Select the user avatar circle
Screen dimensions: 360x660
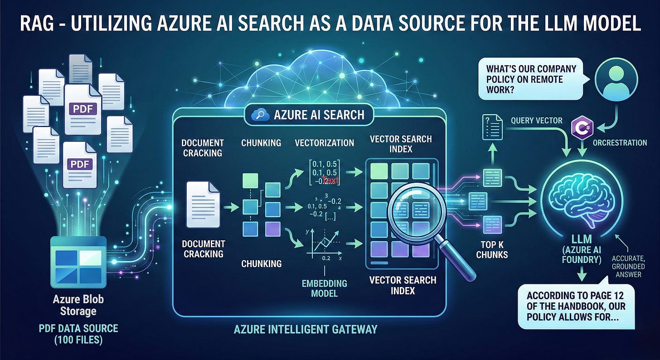pos(616,79)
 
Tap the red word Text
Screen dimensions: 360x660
pos(331,180)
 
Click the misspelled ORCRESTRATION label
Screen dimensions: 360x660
pos(620,142)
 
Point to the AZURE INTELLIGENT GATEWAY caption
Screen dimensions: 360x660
pos(305,329)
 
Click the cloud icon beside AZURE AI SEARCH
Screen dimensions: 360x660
pos(260,114)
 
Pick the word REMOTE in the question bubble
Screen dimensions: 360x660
pos(558,79)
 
